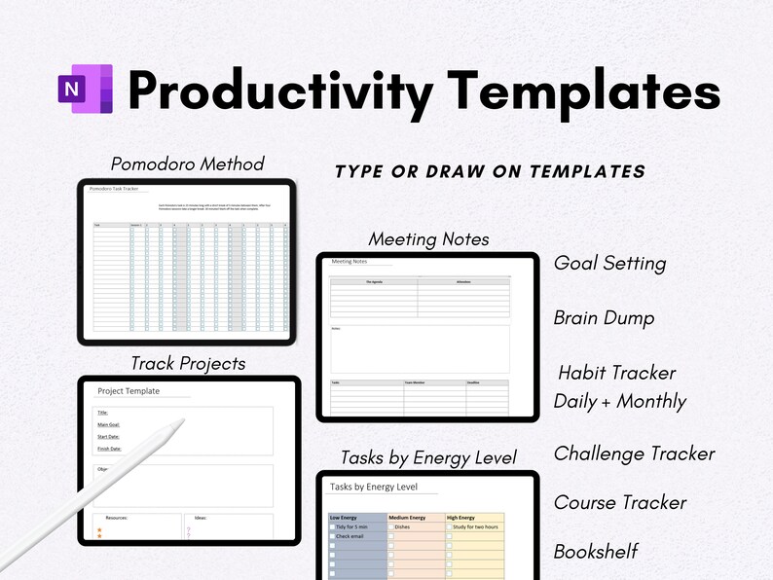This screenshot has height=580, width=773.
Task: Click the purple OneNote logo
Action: [x=86, y=90]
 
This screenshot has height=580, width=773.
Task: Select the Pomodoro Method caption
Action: [x=187, y=163]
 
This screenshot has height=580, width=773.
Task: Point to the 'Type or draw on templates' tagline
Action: [x=490, y=172]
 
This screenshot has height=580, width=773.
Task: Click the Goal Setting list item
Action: [x=609, y=263]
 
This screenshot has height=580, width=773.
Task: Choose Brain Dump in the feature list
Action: [x=604, y=318]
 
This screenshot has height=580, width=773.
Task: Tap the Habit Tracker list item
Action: [x=616, y=373]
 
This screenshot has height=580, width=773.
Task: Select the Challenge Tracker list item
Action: [x=634, y=453]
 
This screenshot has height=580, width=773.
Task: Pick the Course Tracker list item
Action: [x=620, y=502]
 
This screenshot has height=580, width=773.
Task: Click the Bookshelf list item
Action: [x=596, y=551]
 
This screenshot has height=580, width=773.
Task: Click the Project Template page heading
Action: [x=129, y=391]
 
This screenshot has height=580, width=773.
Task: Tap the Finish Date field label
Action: [x=109, y=449]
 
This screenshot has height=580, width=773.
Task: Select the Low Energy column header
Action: [x=349, y=517]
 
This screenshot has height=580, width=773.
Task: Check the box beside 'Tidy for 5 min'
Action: [x=333, y=526]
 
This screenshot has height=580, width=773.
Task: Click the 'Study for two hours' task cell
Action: [x=476, y=526]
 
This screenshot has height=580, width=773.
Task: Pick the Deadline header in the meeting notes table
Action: [x=473, y=383]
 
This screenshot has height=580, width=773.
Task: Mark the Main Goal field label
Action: [x=108, y=424]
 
